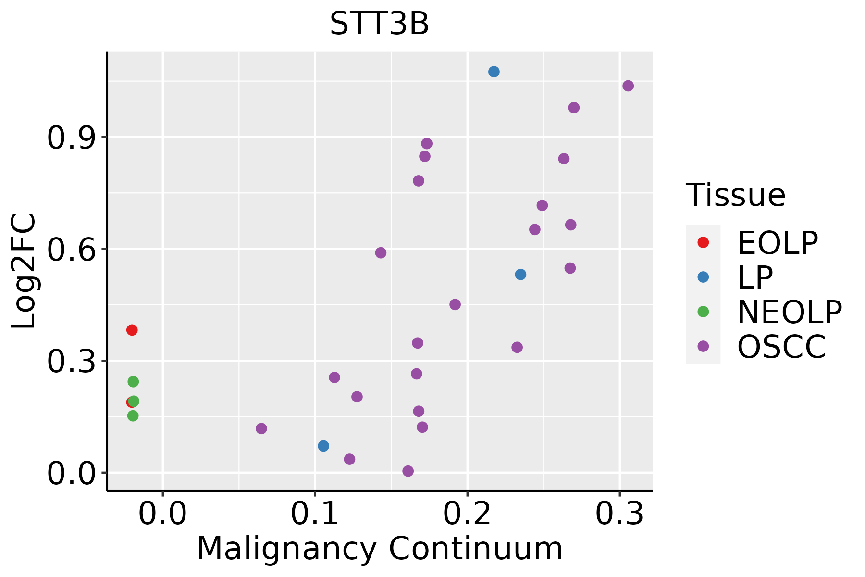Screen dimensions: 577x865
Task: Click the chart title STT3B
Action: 379,24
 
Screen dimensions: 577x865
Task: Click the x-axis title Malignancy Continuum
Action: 380,549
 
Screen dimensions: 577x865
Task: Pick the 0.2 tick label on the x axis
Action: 467,514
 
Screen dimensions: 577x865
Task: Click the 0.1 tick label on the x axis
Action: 315,514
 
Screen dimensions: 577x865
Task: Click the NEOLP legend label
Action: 790,312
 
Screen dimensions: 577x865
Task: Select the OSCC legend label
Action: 781,347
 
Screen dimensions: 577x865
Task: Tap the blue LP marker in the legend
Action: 703,277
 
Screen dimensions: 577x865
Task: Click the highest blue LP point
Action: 494,72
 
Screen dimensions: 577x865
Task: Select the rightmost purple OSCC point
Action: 628,86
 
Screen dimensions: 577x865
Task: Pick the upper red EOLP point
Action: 132,330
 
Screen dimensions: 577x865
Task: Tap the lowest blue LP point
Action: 323,446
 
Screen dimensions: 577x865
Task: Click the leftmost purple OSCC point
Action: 261,428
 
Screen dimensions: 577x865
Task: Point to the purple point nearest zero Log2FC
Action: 408,471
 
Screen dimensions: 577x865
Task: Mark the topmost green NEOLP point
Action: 133,382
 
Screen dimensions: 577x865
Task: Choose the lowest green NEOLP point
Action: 133,416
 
